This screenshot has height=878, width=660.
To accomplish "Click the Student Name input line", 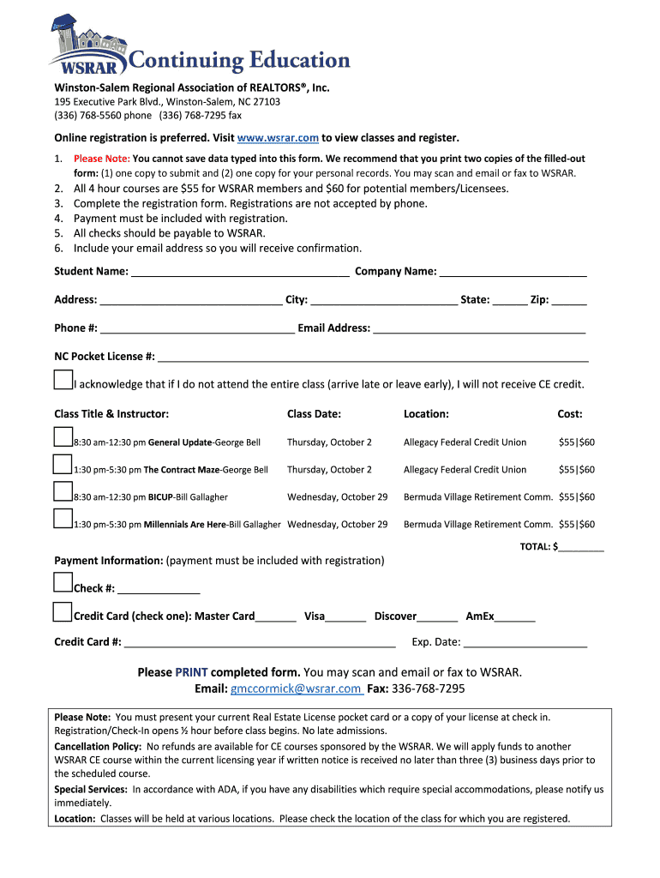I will [240, 273].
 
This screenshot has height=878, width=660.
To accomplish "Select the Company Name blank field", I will [513, 273].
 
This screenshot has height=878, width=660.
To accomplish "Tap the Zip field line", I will [570, 301].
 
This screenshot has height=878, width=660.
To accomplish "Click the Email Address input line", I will [480, 328].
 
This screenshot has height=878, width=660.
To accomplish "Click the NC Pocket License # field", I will [373, 358].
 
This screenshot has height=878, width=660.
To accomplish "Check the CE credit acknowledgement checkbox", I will [63, 380].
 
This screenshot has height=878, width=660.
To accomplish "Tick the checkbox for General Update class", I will [63, 437].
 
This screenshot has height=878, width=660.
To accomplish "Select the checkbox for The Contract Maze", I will [63, 465].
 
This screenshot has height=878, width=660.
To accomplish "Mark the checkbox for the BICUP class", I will [63, 492].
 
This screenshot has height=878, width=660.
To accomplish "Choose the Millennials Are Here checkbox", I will [63, 520].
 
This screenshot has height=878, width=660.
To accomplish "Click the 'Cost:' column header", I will [570, 414].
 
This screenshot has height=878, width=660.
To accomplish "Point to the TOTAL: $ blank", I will [582, 547].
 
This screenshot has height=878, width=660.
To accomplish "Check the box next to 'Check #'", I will [63, 584].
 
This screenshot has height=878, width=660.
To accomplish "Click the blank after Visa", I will [346, 616].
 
